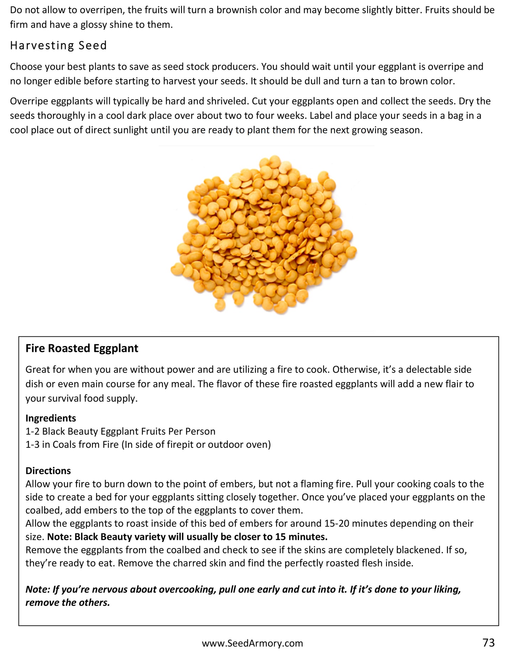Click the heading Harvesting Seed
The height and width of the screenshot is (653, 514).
click(x=58, y=46)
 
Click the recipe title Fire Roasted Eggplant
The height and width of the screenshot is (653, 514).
click(x=82, y=348)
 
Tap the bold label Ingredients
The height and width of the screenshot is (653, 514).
click(x=51, y=418)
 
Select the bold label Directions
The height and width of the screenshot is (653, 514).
click(x=48, y=471)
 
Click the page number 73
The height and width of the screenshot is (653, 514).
click(x=489, y=642)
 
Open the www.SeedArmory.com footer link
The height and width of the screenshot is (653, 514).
click(x=252, y=643)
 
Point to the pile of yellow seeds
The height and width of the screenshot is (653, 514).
click(x=263, y=235)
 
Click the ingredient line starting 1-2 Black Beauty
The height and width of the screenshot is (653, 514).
click(x=120, y=431)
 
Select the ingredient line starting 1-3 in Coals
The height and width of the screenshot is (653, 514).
click(x=148, y=444)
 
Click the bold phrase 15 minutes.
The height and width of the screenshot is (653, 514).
click(x=304, y=536)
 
